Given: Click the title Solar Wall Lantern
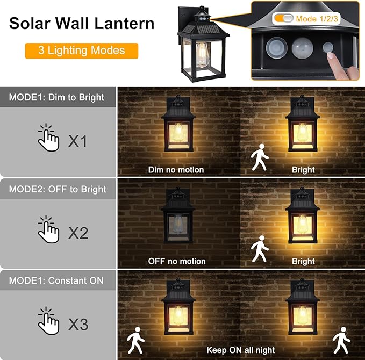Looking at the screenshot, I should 82,24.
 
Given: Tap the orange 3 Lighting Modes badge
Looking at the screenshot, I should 81,51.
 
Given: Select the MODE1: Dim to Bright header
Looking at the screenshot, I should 56,98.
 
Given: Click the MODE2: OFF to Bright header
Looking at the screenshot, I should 58,189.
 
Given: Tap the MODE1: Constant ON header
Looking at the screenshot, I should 56,280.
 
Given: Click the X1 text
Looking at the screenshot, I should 77,141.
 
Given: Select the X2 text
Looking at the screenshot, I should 78,233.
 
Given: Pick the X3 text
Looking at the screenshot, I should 78,325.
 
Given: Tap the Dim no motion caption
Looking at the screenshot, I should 176,170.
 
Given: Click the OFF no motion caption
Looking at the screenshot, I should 177,261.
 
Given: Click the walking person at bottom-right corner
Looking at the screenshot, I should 341,339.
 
